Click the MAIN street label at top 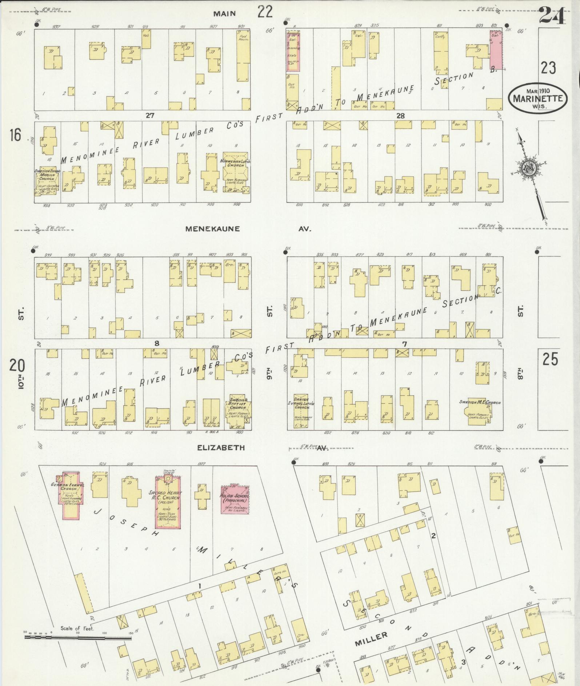point(224,14)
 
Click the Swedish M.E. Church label point(480,403)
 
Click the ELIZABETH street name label point(221,448)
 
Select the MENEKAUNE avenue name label point(212,229)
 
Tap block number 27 point(150,116)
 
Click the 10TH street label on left point(21,379)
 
